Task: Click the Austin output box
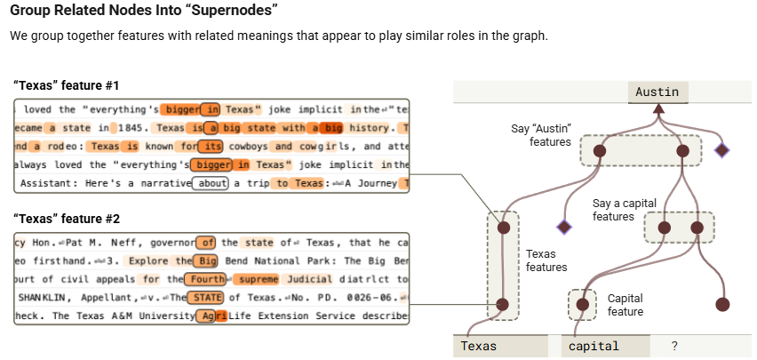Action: pyautogui.click(x=658, y=92)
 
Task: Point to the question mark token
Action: pyautogui.click(x=675, y=346)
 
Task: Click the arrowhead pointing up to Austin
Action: pyautogui.click(x=658, y=109)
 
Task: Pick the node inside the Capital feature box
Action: pyautogui.click(x=583, y=304)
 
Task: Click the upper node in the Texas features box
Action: pyautogui.click(x=503, y=228)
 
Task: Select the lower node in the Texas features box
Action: pyautogui.click(x=503, y=304)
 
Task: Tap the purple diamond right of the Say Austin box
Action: pyautogui.click(x=721, y=150)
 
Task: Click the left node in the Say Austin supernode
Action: pyautogui.click(x=600, y=151)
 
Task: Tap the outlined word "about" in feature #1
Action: pyautogui.click(x=211, y=184)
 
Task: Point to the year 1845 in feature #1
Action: pyautogui.click(x=114, y=128)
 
